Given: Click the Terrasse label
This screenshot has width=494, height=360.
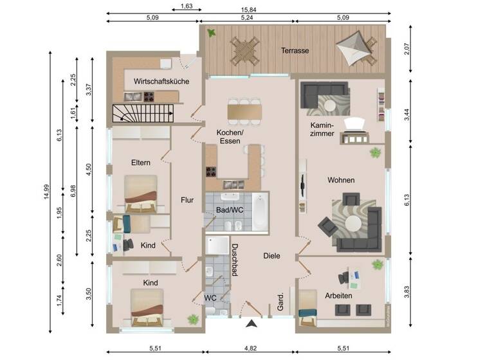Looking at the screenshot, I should (295, 50).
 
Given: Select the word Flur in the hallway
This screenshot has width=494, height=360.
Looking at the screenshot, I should (187, 199).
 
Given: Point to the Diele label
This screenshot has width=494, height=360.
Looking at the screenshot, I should (271, 256).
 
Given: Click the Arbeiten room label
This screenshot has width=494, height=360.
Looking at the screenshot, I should (338, 295).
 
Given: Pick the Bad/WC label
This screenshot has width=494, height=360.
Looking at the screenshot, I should (230, 210).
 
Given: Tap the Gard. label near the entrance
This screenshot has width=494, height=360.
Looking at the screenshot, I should (280, 303).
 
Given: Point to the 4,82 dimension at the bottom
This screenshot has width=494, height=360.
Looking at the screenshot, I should (250, 350).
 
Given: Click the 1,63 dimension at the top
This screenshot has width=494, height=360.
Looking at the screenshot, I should (187, 6).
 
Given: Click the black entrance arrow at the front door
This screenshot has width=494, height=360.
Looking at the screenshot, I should (250, 324).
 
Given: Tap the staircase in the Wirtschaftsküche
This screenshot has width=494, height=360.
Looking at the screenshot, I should (143, 114).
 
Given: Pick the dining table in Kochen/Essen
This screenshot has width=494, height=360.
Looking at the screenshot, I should (244, 111).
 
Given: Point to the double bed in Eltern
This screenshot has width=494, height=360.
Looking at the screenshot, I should (140, 194).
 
